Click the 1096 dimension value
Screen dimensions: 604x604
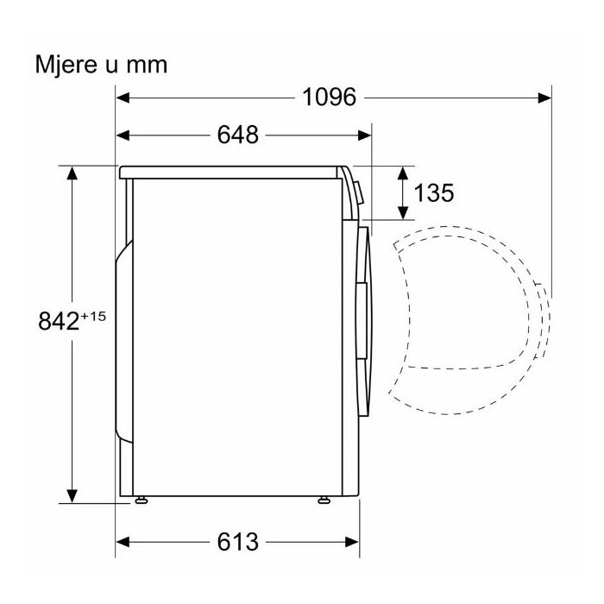coord(329,98)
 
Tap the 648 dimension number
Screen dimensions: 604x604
coord(237,135)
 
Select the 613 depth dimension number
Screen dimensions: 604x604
coord(237,542)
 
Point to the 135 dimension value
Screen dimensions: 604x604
coord(434,192)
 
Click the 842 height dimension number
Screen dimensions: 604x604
coord(59,320)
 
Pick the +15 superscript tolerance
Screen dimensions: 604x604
coord(93,317)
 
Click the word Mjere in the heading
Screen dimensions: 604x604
coord(66,65)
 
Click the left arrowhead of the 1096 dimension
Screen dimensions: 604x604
coord(123,98)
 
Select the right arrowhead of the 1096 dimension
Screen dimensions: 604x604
coord(544,98)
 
